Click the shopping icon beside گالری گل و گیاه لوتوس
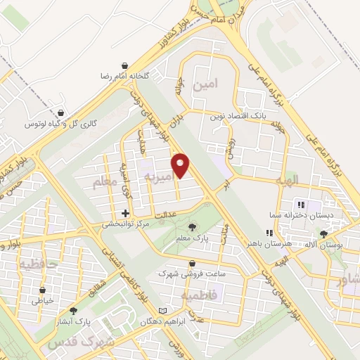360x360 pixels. pos(63,112)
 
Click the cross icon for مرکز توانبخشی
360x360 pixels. pos(125,213)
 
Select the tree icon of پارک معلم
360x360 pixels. pos(193,226)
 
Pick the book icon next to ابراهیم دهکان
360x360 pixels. pos(164,311)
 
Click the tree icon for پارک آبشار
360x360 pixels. pos(73,311)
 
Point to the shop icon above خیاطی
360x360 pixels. pos(44,289)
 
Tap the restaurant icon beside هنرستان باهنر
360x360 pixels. pos(268,233)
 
